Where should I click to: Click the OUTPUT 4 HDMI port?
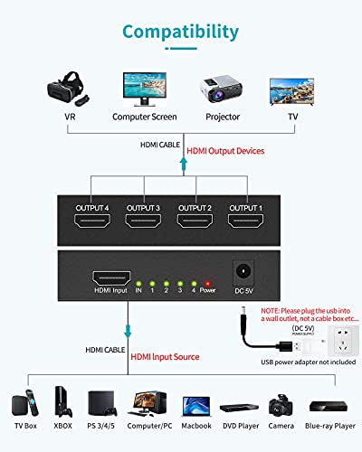[x=91, y=222]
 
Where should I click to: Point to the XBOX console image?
[x=62, y=402]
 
